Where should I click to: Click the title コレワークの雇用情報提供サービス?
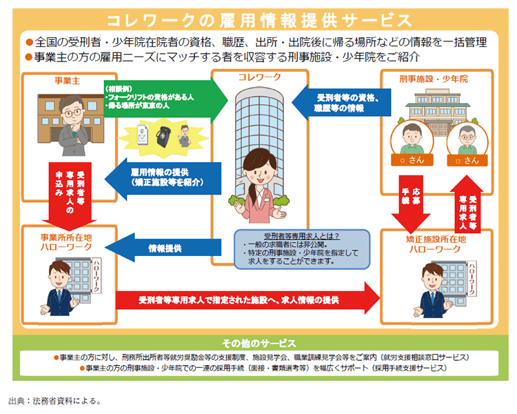pos(258,19)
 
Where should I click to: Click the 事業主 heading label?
pos(68,81)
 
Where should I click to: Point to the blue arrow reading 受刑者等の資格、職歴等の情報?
pos(336,103)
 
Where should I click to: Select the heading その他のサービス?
pos(258,343)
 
